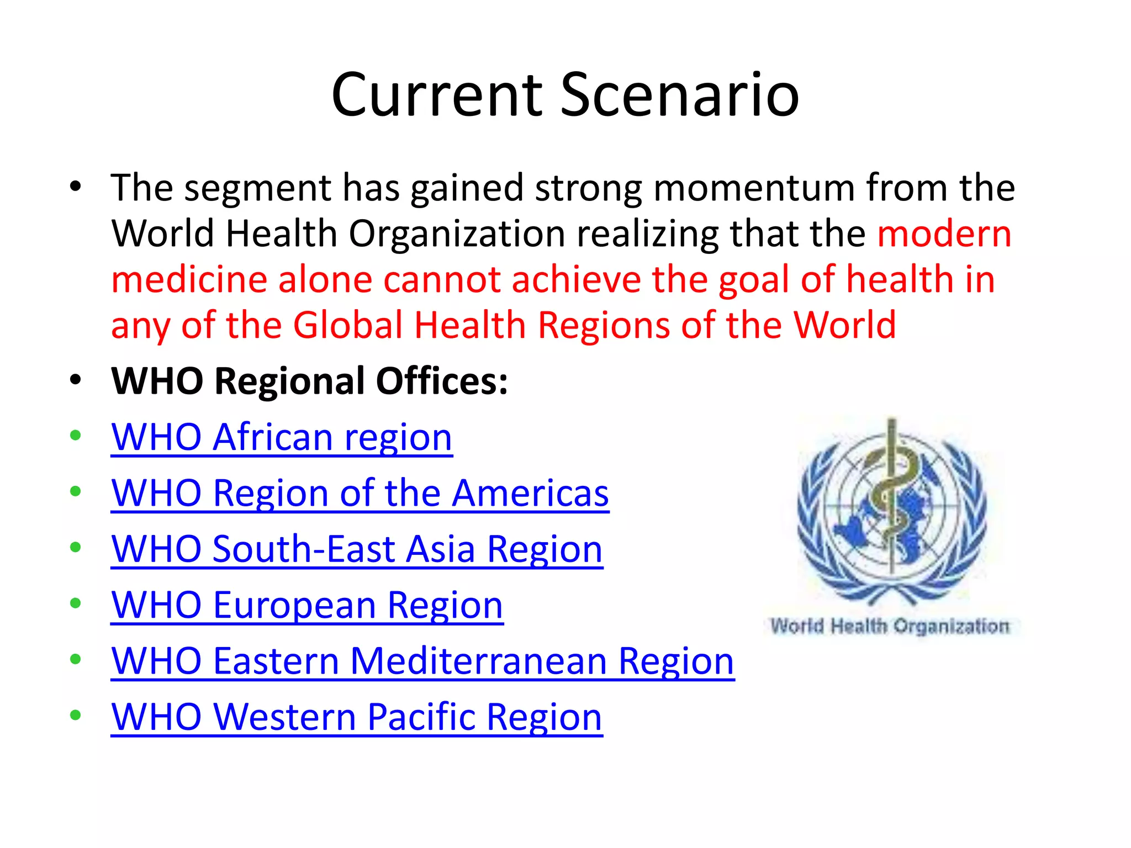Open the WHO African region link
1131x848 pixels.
click(282, 437)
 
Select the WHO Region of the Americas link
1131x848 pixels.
click(360, 493)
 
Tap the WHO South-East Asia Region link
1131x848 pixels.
click(357, 549)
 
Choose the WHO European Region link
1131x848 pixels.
click(307, 605)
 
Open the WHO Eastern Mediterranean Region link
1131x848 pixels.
click(422, 661)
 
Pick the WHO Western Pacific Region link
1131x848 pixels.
click(357, 717)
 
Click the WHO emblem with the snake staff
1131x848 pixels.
click(892, 511)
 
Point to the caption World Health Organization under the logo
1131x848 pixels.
click(890, 627)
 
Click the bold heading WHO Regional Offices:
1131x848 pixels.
click(309, 381)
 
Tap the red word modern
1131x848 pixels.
click(944, 234)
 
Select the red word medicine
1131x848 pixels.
click(188, 279)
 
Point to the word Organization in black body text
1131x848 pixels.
click(457, 234)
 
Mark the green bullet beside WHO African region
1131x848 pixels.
click(76, 436)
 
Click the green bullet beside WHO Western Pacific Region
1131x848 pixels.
click(76, 715)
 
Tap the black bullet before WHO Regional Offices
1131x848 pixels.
click(76, 380)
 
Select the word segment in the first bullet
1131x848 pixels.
click(257, 188)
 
